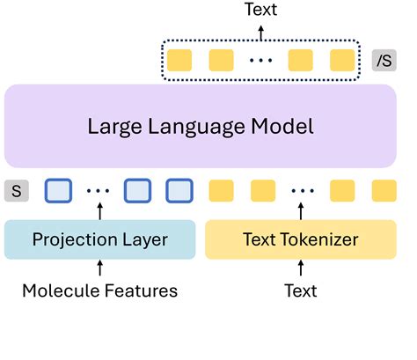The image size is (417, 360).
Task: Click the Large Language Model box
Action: (201, 126)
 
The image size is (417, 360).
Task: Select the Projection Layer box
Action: (99, 239)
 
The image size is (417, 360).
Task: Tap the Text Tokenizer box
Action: (301, 239)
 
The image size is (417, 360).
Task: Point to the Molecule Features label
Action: (99, 290)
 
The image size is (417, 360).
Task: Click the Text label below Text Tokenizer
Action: (301, 290)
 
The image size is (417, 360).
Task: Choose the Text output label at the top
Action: (261, 11)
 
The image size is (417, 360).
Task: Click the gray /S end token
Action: (384, 61)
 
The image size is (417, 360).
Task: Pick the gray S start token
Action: (15, 190)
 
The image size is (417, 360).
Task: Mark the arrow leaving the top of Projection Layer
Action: (99, 211)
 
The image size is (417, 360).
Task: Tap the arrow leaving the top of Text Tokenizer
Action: (301, 211)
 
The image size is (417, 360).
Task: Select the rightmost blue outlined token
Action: (179, 190)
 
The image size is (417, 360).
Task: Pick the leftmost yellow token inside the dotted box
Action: (180, 61)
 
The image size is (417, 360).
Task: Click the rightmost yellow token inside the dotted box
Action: (341, 61)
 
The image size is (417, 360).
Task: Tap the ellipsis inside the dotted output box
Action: (261, 62)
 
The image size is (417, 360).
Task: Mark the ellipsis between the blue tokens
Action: (99, 191)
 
